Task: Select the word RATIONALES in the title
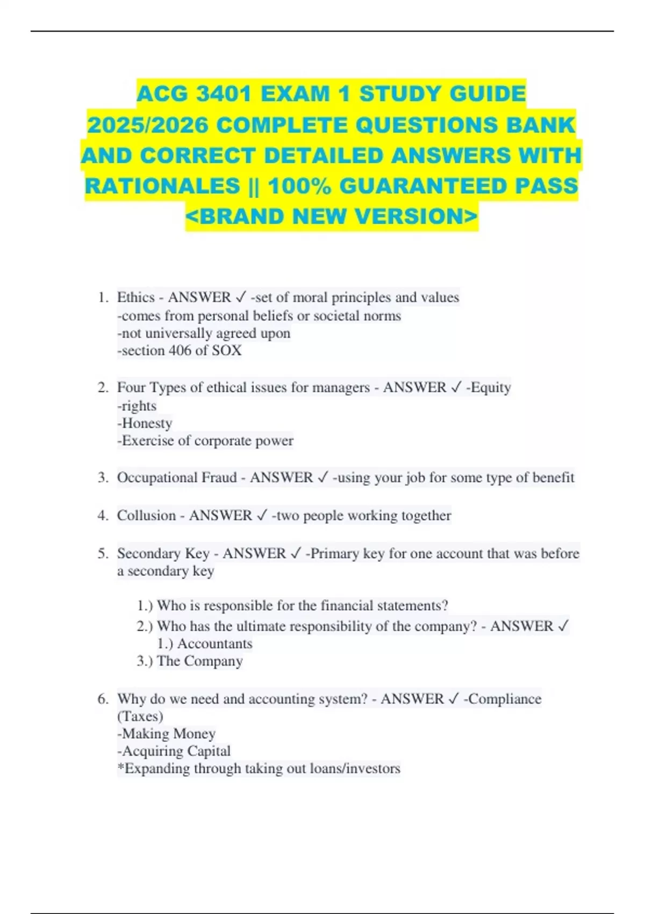[162, 187]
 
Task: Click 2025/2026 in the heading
[148, 125]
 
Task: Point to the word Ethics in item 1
[135, 297]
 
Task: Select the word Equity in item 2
[491, 388]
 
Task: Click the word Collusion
[146, 515]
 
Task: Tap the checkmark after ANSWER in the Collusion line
[262, 515]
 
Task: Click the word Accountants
[214, 644]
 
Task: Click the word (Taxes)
[140, 716]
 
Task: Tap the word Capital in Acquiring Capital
[207, 751]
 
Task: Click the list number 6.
[103, 699]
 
